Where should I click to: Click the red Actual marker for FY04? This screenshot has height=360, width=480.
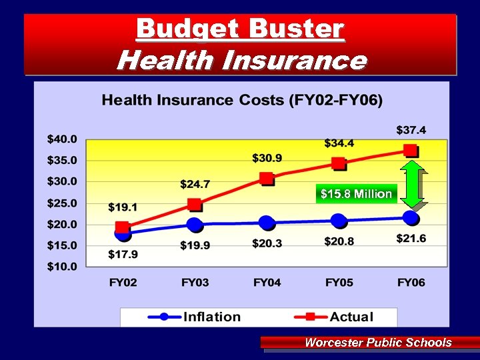267,178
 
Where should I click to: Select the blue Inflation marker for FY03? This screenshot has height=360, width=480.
194,224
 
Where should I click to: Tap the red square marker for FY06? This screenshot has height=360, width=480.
411,150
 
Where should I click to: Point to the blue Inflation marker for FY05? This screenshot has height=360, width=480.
339,221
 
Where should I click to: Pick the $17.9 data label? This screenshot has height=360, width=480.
123,255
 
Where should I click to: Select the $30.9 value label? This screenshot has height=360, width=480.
267,158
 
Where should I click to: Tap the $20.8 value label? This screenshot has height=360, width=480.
339,241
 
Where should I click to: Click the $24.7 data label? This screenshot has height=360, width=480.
195,183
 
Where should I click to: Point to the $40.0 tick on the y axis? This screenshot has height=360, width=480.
62,139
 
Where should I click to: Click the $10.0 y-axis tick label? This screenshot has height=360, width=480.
62,267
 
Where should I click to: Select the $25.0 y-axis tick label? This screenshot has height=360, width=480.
62,203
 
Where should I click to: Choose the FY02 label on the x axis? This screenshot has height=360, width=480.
123,283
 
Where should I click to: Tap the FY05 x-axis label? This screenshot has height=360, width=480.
339,283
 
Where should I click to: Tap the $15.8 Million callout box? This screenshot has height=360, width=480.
357,194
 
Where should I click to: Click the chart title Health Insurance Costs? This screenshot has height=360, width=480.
242,101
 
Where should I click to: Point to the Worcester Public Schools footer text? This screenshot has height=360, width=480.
378,343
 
